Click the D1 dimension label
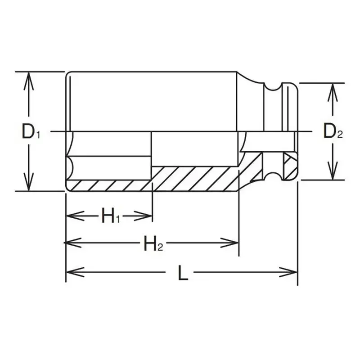tap(31, 131)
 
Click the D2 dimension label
tap(333, 131)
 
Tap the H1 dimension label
tap(110, 216)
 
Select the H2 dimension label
tap(153, 244)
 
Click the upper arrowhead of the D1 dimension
tap(29, 76)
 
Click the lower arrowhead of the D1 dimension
tap(29, 185)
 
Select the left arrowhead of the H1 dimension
tap(72, 216)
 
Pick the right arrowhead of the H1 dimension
tap(147, 216)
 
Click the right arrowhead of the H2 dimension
tap(233, 243)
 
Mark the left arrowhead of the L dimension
tap(72, 272)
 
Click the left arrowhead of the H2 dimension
tap(72, 243)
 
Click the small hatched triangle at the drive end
tap(288, 160)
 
